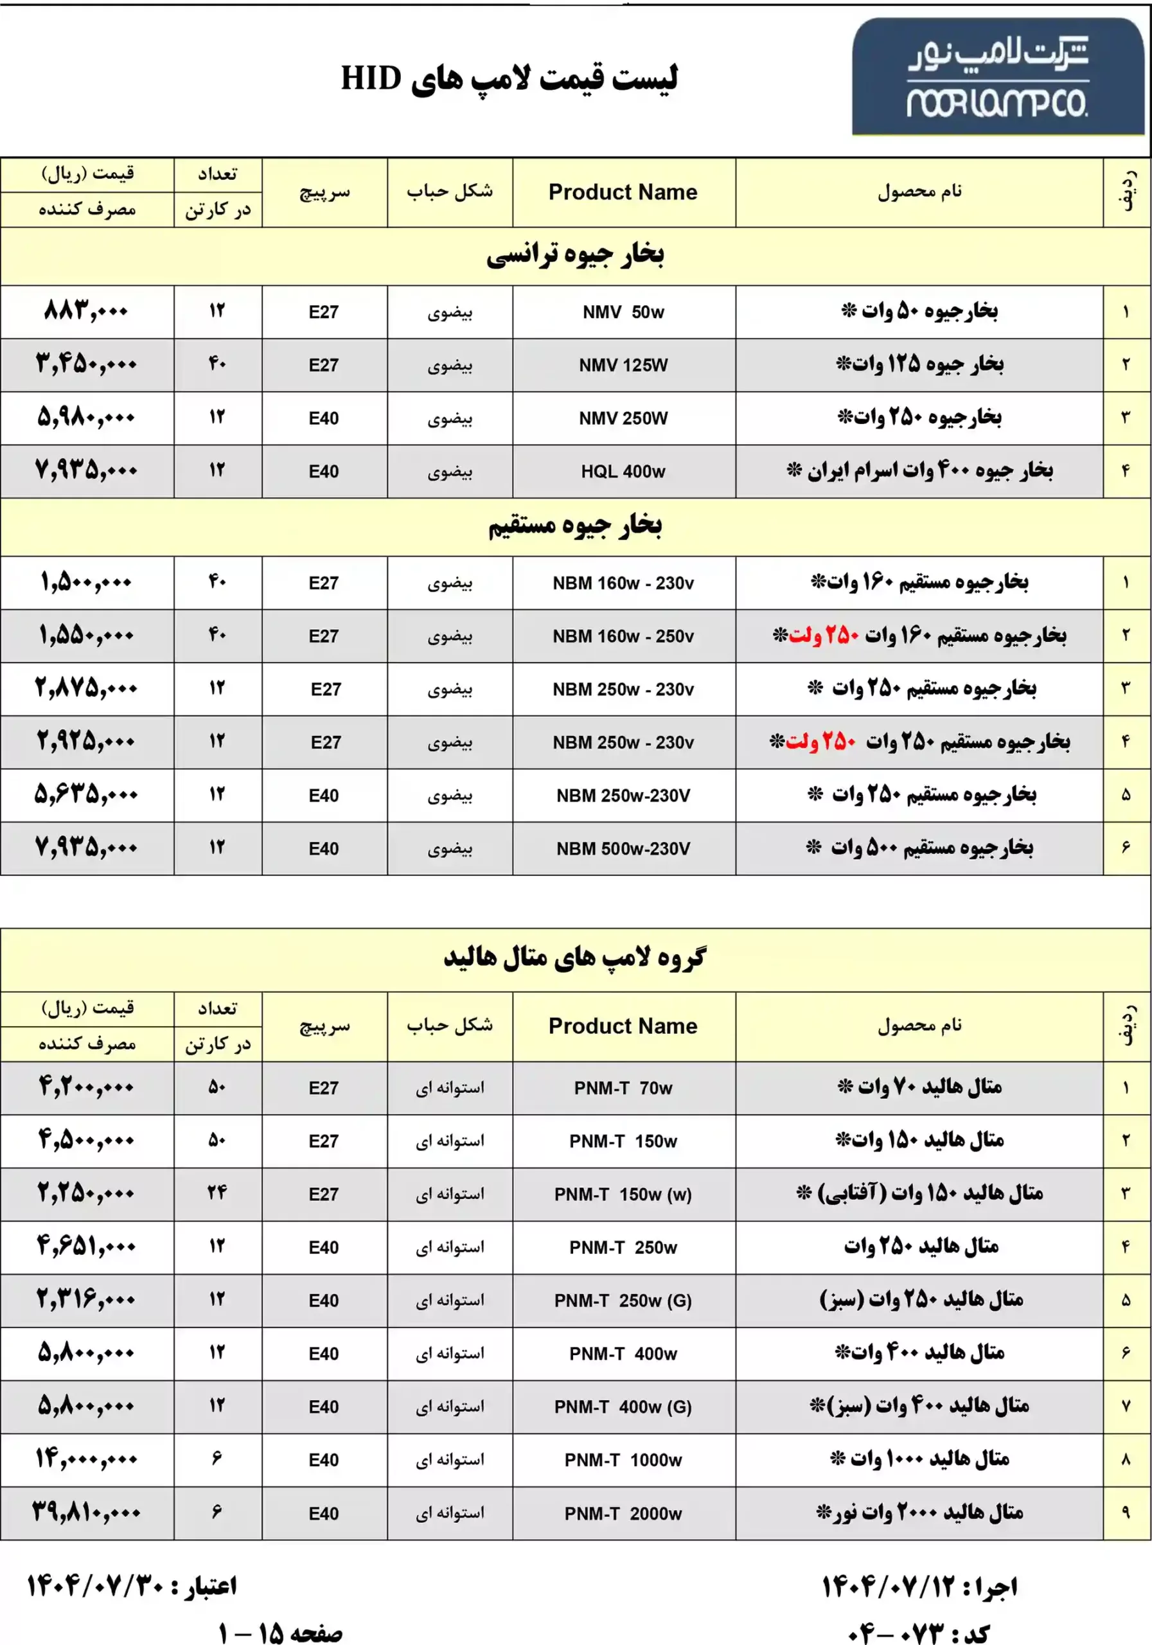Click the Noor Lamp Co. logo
997,77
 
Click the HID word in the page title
370,78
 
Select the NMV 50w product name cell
623,312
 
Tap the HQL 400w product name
623,472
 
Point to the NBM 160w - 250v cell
623,636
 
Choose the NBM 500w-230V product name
623,849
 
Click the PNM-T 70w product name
623,1089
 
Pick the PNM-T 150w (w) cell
623,1195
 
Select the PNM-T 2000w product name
623,1514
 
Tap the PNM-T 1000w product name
623,1460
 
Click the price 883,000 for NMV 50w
86,312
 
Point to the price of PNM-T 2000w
86,1513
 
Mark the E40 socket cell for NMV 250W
324,418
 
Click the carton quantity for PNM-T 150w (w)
217,1193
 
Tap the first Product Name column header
623,192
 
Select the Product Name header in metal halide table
623,1026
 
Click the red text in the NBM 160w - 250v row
823,636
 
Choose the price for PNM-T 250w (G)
86,1300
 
